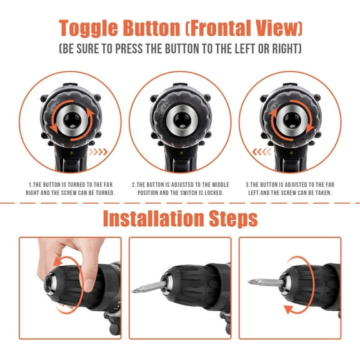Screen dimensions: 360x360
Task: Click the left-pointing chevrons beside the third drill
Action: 261,151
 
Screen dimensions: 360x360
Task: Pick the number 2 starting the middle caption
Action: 134,185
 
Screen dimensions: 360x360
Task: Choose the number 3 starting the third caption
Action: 247,185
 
